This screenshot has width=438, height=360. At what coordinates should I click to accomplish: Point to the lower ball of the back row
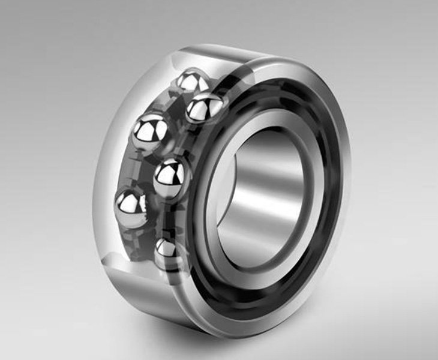[133, 208]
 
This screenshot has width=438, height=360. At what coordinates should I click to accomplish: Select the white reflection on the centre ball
[168, 171]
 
